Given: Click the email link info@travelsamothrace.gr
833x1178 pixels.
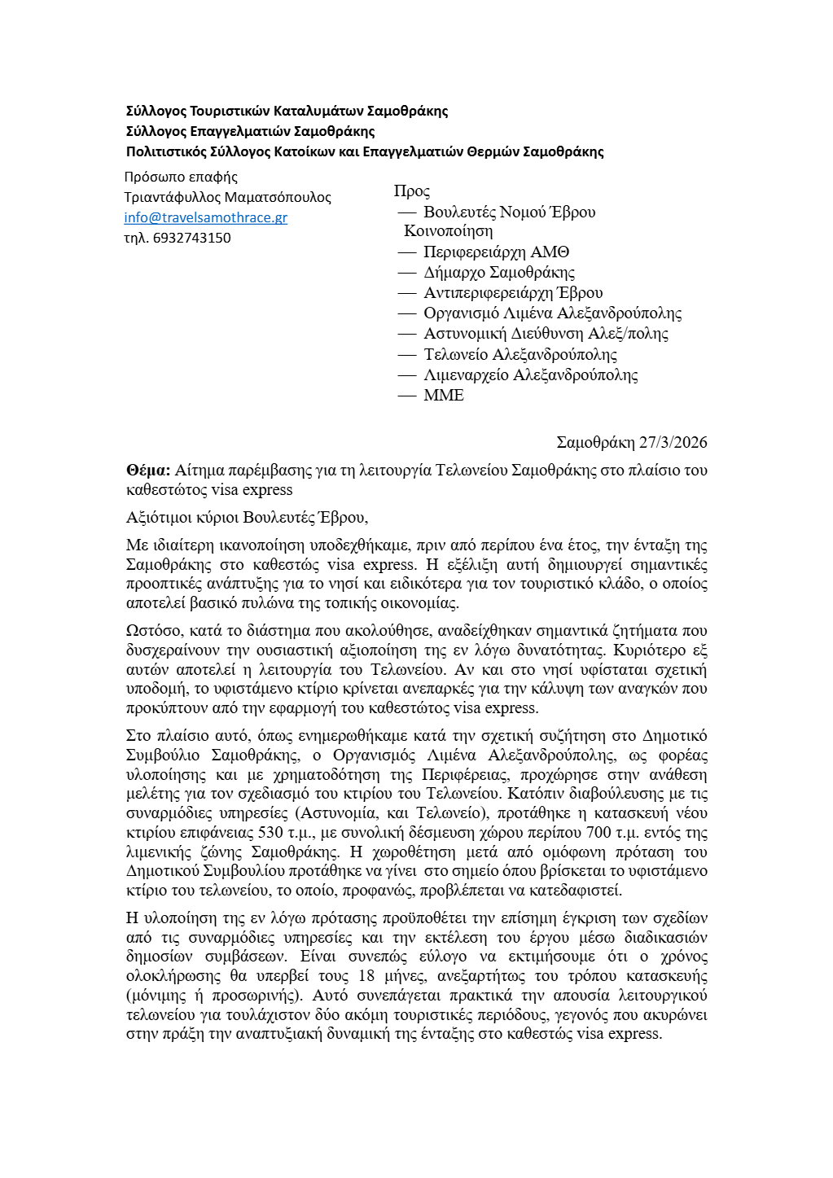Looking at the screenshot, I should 205,217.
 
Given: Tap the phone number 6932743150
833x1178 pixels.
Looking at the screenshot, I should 191,238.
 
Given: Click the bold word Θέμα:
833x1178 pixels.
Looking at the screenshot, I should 148,470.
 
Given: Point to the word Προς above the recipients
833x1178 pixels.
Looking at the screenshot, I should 412,191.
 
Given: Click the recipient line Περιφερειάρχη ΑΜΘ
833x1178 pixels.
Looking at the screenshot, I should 496,252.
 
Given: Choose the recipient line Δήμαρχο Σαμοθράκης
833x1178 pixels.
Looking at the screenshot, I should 499,273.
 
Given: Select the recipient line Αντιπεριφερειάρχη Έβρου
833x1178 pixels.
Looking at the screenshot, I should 513,293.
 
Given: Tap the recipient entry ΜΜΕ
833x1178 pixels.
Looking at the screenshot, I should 444,396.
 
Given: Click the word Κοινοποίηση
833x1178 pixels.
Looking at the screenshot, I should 448,231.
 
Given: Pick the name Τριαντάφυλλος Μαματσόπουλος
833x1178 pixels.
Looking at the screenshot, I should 228,197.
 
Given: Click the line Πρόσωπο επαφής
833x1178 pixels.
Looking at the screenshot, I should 181,177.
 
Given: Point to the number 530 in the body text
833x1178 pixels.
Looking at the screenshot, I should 270,832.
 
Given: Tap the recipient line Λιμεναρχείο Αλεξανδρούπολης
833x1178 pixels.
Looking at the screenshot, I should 530,375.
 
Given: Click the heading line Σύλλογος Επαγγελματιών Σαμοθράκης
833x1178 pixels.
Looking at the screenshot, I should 250,131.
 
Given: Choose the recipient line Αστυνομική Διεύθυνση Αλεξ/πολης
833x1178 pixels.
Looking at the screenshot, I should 546,334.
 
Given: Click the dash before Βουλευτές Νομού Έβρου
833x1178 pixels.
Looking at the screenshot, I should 407,212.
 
